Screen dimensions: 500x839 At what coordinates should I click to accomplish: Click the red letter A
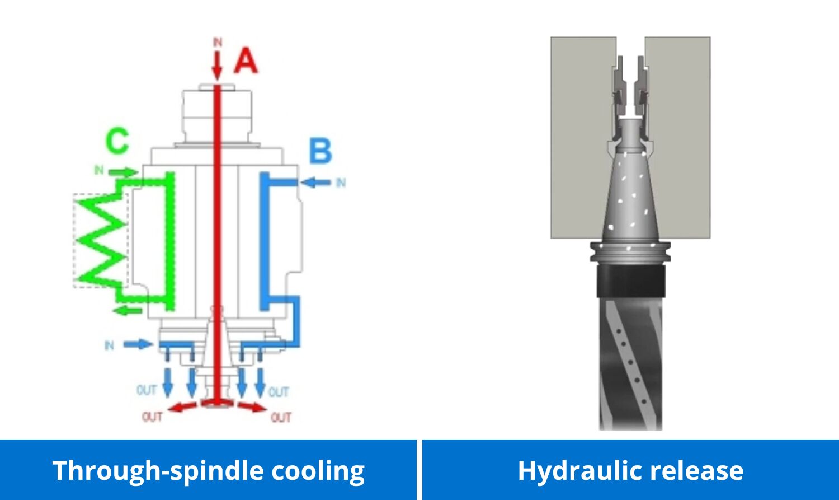pos(246,61)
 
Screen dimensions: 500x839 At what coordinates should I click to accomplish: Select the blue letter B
pos(320,151)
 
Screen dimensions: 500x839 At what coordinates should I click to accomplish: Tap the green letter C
pos(117,141)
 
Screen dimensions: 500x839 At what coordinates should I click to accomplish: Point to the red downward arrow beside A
pos(217,66)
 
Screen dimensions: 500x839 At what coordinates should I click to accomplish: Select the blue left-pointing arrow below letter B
pos(316,182)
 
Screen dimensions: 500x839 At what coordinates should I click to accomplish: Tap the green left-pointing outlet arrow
pos(128,310)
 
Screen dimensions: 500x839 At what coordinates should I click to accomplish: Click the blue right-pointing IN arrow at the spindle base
pos(138,344)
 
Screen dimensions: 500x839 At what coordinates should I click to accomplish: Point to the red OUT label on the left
pos(152,417)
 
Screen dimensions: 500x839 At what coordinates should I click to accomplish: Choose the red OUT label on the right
pos(281,417)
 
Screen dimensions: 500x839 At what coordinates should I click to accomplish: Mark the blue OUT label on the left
pos(147,390)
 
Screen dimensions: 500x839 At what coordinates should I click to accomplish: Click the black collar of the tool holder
pos(630,281)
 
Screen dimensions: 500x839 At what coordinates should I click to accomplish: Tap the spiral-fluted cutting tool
pos(630,364)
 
